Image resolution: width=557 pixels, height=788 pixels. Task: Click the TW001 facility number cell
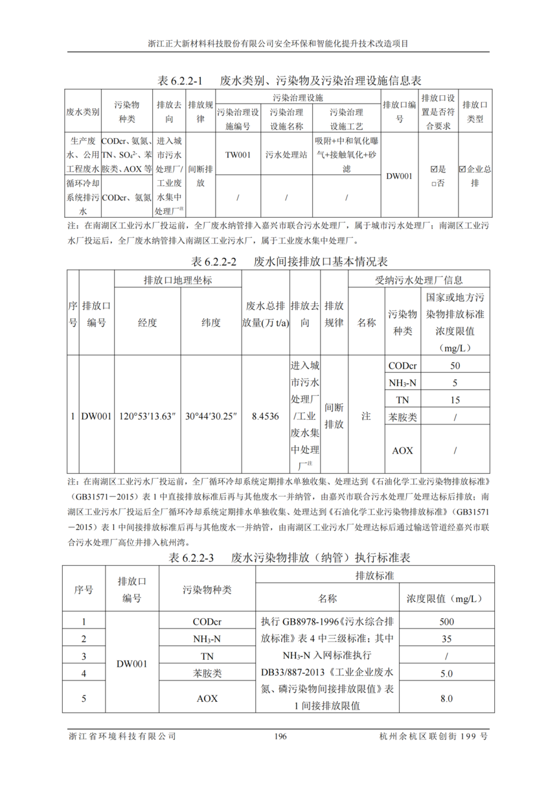[238, 155]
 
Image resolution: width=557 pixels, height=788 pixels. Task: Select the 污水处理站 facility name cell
[286, 155]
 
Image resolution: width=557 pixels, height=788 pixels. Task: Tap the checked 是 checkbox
[434, 169]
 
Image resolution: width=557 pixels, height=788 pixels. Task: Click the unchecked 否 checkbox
[434, 183]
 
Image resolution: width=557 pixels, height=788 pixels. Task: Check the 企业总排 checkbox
[462, 169]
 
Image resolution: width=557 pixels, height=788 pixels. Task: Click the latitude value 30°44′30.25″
[211, 415]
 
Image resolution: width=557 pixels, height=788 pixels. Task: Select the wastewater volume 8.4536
[266, 415]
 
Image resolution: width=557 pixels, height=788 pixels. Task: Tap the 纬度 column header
[211, 322]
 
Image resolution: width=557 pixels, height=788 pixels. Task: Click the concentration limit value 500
[446, 621]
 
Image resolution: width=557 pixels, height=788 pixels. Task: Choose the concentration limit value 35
[446, 639]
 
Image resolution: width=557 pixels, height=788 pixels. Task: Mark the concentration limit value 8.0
[446, 699]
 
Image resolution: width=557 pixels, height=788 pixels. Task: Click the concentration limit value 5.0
[446, 674]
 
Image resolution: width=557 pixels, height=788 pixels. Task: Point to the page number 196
[280, 737]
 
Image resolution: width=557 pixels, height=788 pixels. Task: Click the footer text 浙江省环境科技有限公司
[122, 737]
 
